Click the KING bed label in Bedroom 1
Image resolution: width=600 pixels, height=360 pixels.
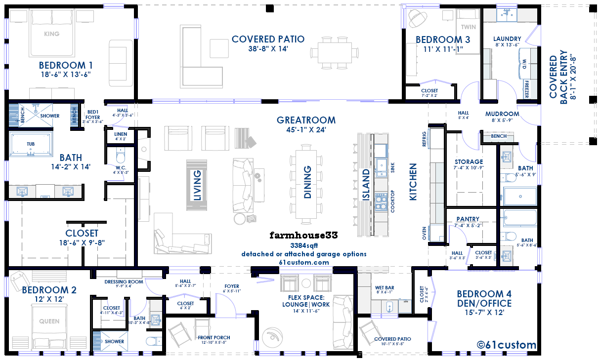[52, 34]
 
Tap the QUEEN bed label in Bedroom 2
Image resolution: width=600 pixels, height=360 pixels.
[49, 321]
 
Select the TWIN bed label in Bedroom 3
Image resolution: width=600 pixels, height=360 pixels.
[469, 27]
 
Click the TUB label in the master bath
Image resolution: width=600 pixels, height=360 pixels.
[31, 144]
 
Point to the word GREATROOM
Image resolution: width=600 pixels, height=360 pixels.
[306, 120]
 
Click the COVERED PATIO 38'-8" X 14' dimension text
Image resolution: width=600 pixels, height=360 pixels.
[268, 49]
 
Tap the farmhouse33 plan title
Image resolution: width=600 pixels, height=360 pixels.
[304, 235]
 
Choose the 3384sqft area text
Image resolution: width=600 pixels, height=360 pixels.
[304, 245]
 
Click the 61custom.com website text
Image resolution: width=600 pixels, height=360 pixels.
[304, 262]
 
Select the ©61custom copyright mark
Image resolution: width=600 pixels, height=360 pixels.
[507, 345]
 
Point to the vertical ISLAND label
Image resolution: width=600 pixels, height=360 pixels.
[366, 185]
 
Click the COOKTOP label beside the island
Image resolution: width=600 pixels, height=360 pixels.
[393, 201]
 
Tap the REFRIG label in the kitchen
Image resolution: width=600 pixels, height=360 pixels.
[424, 139]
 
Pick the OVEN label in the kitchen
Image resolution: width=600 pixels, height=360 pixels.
[424, 233]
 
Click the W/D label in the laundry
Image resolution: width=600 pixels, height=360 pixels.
[524, 64]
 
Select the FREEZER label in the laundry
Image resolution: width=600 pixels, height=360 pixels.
[527, 89]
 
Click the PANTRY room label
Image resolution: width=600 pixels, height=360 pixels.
[468, 219]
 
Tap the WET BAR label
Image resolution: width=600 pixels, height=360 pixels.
[385, 288]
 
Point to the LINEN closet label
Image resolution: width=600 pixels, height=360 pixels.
[121, 134]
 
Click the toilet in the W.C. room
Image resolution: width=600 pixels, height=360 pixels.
[121, 156]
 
